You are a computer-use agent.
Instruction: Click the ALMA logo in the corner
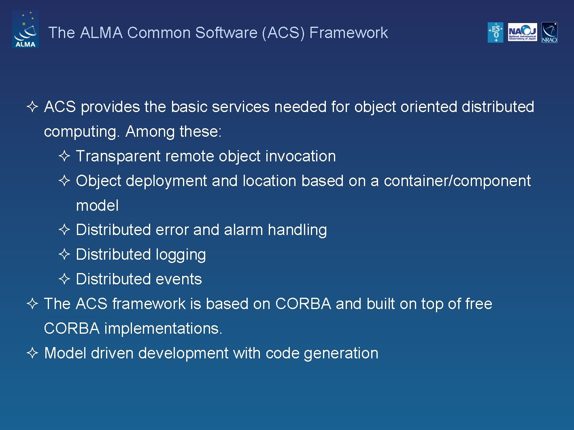tap(26, 30)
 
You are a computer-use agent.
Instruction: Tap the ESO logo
tap(495, 32)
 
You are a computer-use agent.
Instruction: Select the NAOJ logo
tap(522, 32)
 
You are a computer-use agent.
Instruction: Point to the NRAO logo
tap(549, 32)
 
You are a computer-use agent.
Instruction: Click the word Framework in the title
tap(349, 33)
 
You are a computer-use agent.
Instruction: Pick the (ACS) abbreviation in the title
tap(283, 33)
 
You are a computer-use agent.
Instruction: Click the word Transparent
tap(118, 156)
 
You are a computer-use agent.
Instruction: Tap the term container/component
tap(457, 181)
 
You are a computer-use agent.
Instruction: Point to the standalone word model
tap(97, 205)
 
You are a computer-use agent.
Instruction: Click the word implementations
tap(163, 328)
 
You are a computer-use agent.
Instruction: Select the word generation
tap(341, 353)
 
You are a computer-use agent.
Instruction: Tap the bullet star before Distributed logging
tap(65, 254)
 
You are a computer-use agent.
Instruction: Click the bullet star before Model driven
tap(32, 353)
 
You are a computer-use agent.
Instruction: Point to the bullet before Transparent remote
tap(65, 156)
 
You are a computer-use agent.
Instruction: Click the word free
tap(478, 304)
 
